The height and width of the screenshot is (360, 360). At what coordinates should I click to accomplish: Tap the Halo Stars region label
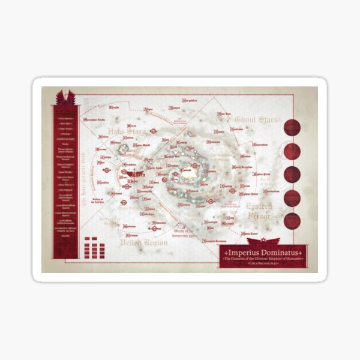tap(124, 133)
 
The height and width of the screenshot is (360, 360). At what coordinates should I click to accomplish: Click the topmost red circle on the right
tap(292, 127)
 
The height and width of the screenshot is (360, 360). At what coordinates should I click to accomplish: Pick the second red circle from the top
tap(292, 151)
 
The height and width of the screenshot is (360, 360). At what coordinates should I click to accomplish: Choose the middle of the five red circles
tap(292, 174)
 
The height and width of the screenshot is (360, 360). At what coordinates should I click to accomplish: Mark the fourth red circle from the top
tap(292, 197)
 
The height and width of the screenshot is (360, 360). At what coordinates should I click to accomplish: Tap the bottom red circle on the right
tap(292, 220)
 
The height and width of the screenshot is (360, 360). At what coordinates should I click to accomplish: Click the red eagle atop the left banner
tap(65, 97)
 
